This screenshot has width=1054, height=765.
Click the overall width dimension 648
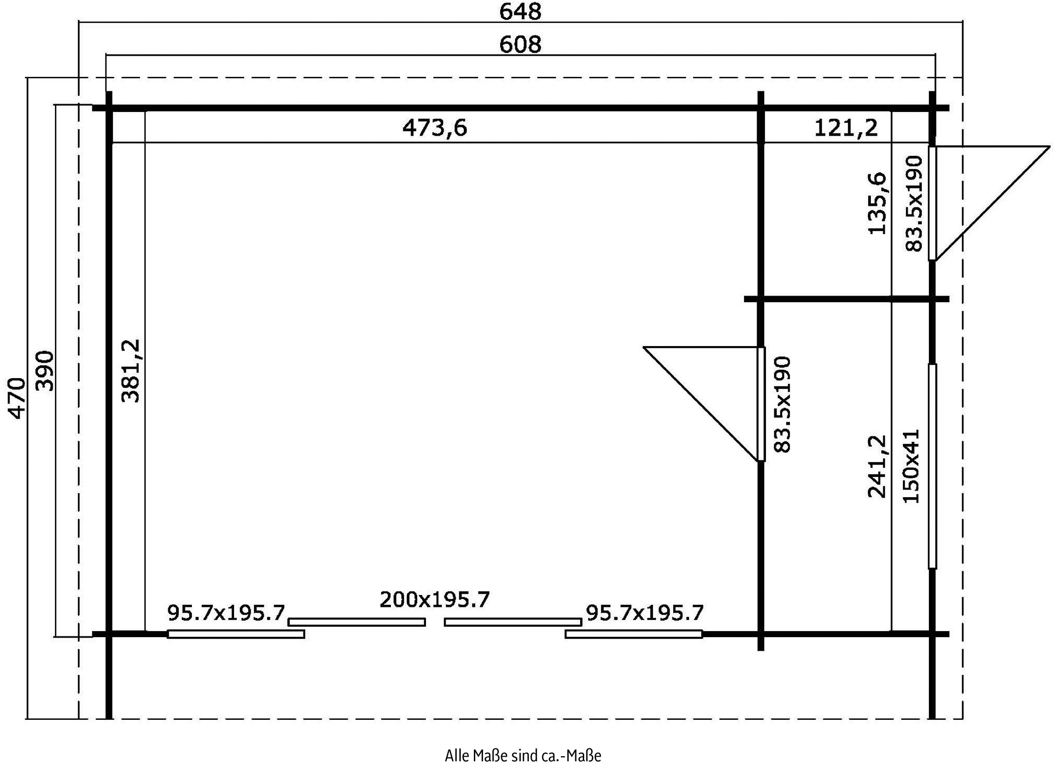[x=520, y=12]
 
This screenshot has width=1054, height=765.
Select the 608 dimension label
[x=520, y=45]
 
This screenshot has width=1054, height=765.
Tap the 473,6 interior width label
[x=434, y=128]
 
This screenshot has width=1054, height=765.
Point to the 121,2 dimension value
[x=846, y=128]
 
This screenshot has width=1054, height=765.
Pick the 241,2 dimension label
[x=877, y=466]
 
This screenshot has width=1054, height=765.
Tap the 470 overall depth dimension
[x=17, y=398]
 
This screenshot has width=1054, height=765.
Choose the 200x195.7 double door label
[x=435, y=599]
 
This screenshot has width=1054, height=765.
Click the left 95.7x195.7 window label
[x=226, y=613]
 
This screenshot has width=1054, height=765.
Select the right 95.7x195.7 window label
[x=645, y=613]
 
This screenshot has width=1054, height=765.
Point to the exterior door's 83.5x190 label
[x=913, y=204]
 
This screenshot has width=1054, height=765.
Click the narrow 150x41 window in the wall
[x=932, y=466]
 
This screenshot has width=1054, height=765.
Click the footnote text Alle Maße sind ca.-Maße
[x=523, y=755]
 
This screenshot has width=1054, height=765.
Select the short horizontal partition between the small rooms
[x=846, y=299]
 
